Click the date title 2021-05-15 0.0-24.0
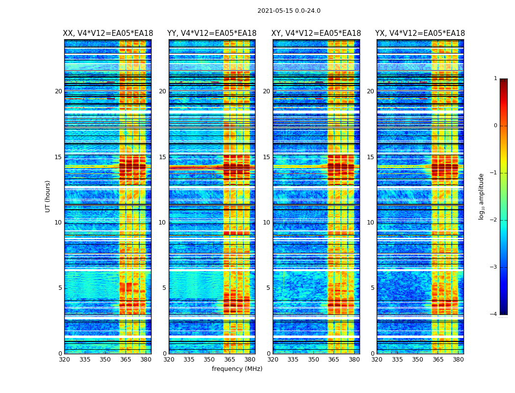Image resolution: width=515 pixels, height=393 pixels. tap(289, 11)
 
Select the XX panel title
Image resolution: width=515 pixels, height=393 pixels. tap(108, 33)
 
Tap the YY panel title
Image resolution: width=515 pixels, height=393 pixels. tap(212, 33)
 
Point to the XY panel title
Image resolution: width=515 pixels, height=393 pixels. tap(316, 33)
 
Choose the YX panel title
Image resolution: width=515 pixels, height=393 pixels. tap(420, 33)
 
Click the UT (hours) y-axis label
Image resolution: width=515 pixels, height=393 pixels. tap(48, 196)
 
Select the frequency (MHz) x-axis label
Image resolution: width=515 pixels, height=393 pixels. tap(237, 369)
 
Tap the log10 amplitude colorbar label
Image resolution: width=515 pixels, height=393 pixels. tap(482, 196)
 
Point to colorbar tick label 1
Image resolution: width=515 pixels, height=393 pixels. tap(495, 79)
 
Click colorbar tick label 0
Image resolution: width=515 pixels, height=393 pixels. tap(495, 126)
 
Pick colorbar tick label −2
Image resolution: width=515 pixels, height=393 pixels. tap(494, 220)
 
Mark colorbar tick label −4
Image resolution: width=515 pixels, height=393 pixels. tap(494, 314)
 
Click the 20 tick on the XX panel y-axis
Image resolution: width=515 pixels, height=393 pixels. tap(58, 91)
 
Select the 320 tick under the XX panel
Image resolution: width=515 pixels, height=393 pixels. tap(64, 360)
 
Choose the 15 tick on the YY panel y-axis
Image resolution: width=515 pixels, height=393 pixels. tap(162, 157)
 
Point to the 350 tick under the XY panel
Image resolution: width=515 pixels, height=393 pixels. tap(313, 360)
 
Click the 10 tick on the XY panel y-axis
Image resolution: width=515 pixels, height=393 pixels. tap(266, 223)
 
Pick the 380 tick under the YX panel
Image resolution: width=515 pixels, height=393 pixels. tap(458, 360)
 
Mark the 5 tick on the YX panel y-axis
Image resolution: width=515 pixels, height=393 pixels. tap(372, 288)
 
